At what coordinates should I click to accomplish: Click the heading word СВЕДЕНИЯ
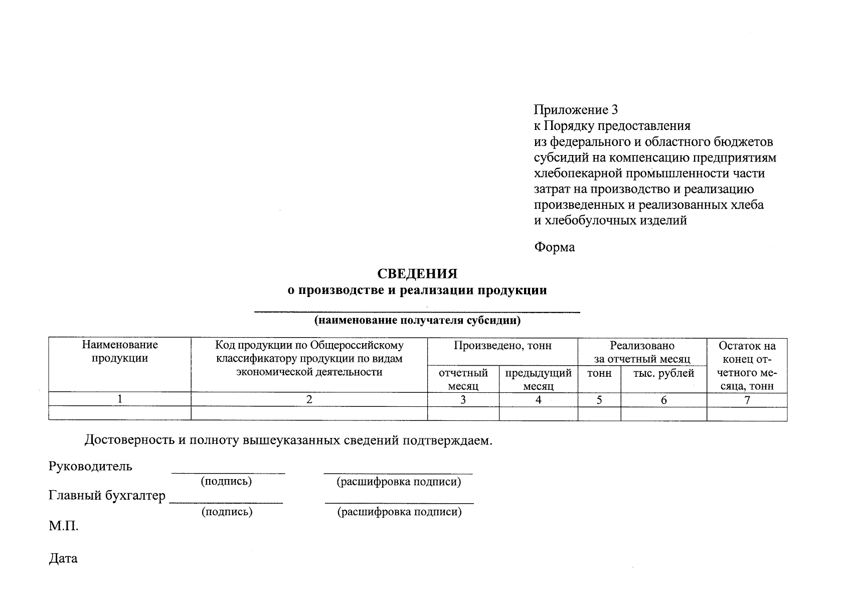417,274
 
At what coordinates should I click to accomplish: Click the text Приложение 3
575,110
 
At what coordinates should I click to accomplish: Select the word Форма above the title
554,247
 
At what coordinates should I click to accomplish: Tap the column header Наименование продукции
120,351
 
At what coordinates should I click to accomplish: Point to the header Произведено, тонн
502,346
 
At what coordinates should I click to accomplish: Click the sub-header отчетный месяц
463,379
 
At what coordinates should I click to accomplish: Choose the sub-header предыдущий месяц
538,379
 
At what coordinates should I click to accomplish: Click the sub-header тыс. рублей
663,373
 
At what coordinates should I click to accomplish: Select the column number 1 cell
120,399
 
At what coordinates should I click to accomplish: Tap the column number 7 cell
747,400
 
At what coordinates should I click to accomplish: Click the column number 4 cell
538,400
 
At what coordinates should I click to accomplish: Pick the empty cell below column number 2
309,413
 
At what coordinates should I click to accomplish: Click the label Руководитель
91,466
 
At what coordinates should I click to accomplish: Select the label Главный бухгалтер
107,496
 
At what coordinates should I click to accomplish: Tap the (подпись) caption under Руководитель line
226,482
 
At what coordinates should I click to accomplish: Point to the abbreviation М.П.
64,527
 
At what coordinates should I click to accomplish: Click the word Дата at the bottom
63,558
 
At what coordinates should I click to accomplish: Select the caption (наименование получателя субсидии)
417,321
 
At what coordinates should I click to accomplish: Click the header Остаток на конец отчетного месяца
747,366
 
